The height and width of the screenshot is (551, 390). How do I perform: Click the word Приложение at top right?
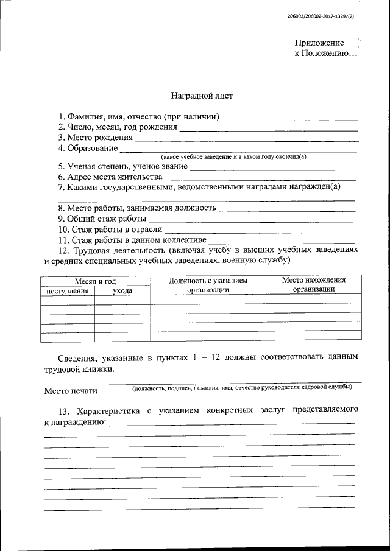point(319,43)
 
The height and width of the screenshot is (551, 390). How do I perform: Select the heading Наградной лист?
point(201,96)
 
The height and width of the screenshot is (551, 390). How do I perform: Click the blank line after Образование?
point(238,150)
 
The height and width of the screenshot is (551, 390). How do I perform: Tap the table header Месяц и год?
point(96,281)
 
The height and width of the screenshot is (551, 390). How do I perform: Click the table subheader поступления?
point(68,291)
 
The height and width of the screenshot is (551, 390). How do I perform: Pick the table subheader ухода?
point(122,291)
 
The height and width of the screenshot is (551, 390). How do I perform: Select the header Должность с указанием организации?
point(208,285)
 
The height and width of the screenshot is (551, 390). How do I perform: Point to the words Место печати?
point(71,391)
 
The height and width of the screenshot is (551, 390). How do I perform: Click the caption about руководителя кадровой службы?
point(242,387)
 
